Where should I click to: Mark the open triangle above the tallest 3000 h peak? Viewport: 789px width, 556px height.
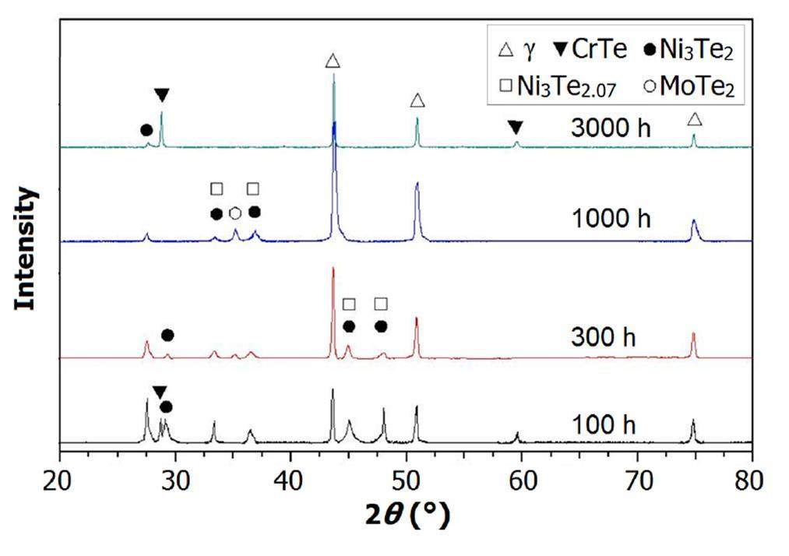333,62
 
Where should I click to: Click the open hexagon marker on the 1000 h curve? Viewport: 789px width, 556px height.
235,213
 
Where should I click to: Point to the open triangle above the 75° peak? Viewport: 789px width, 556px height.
695,119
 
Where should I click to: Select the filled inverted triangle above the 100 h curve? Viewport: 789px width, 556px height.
159,392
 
